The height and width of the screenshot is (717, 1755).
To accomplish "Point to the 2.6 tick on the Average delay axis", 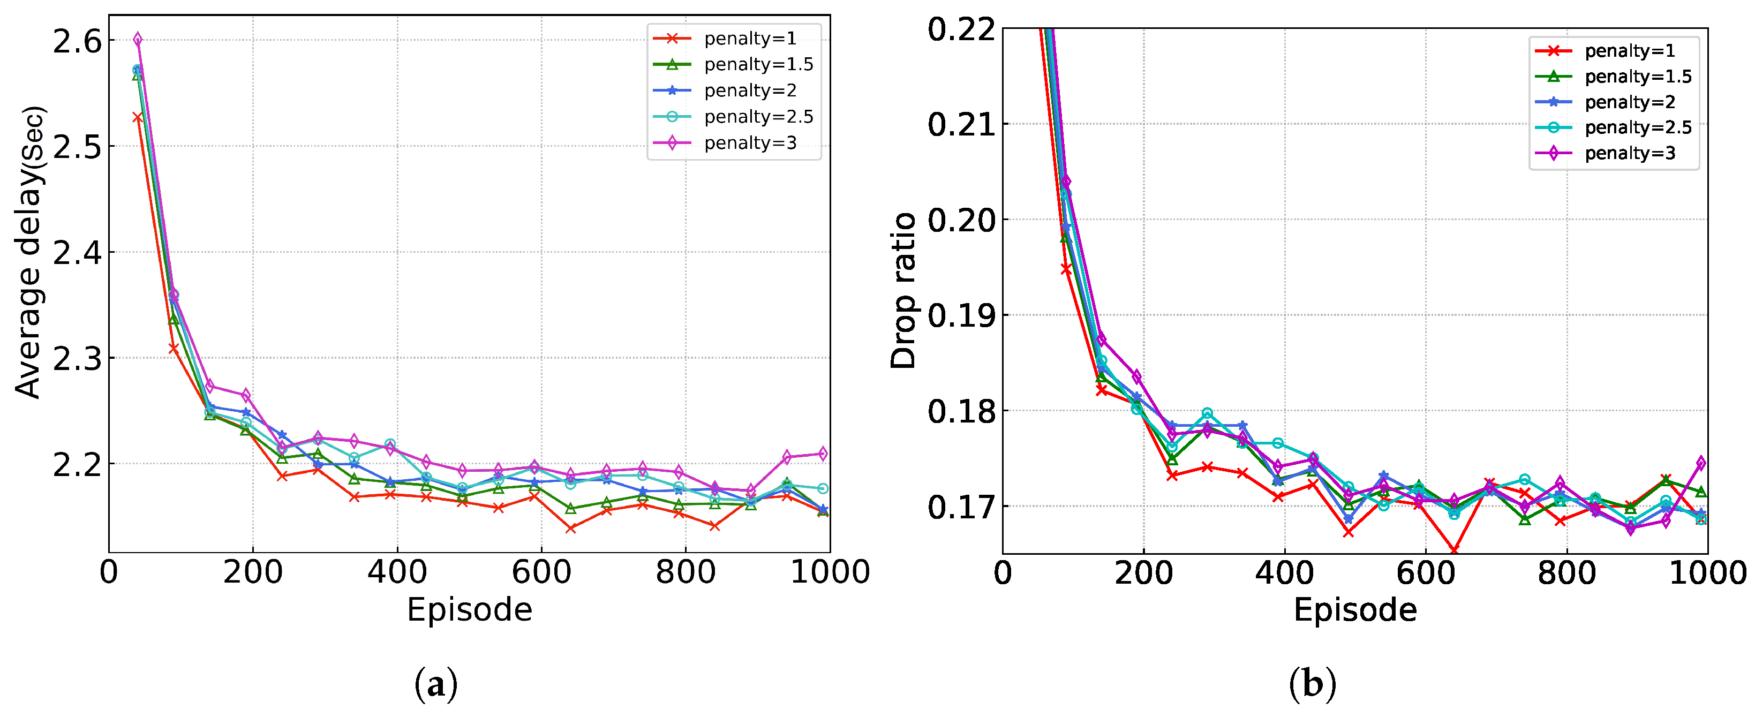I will [77, 42].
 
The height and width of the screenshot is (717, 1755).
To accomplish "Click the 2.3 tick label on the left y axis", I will [77, 359].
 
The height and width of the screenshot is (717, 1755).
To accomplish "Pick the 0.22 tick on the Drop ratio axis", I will [961, 30].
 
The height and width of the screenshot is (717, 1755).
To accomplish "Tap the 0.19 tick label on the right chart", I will [961, 316].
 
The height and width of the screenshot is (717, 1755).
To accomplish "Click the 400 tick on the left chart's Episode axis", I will [397, 572].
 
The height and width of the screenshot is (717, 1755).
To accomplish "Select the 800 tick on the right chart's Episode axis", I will [1567, 572].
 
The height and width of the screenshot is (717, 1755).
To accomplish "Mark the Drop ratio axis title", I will [903, 291].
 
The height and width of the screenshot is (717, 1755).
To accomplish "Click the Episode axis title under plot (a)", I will [469, 610].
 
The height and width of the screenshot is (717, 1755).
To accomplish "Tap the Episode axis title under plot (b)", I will [1355, 610].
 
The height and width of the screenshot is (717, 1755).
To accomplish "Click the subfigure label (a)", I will [436, 684].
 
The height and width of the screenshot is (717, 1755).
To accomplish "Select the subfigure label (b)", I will [1313, 684].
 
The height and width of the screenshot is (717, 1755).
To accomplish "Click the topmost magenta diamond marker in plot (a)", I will [138, 40].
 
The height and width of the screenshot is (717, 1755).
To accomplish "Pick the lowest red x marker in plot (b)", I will [1454, 550].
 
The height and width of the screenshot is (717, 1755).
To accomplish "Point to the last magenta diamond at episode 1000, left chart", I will [822, 454].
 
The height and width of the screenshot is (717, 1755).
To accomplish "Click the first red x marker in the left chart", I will [138, 117].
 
